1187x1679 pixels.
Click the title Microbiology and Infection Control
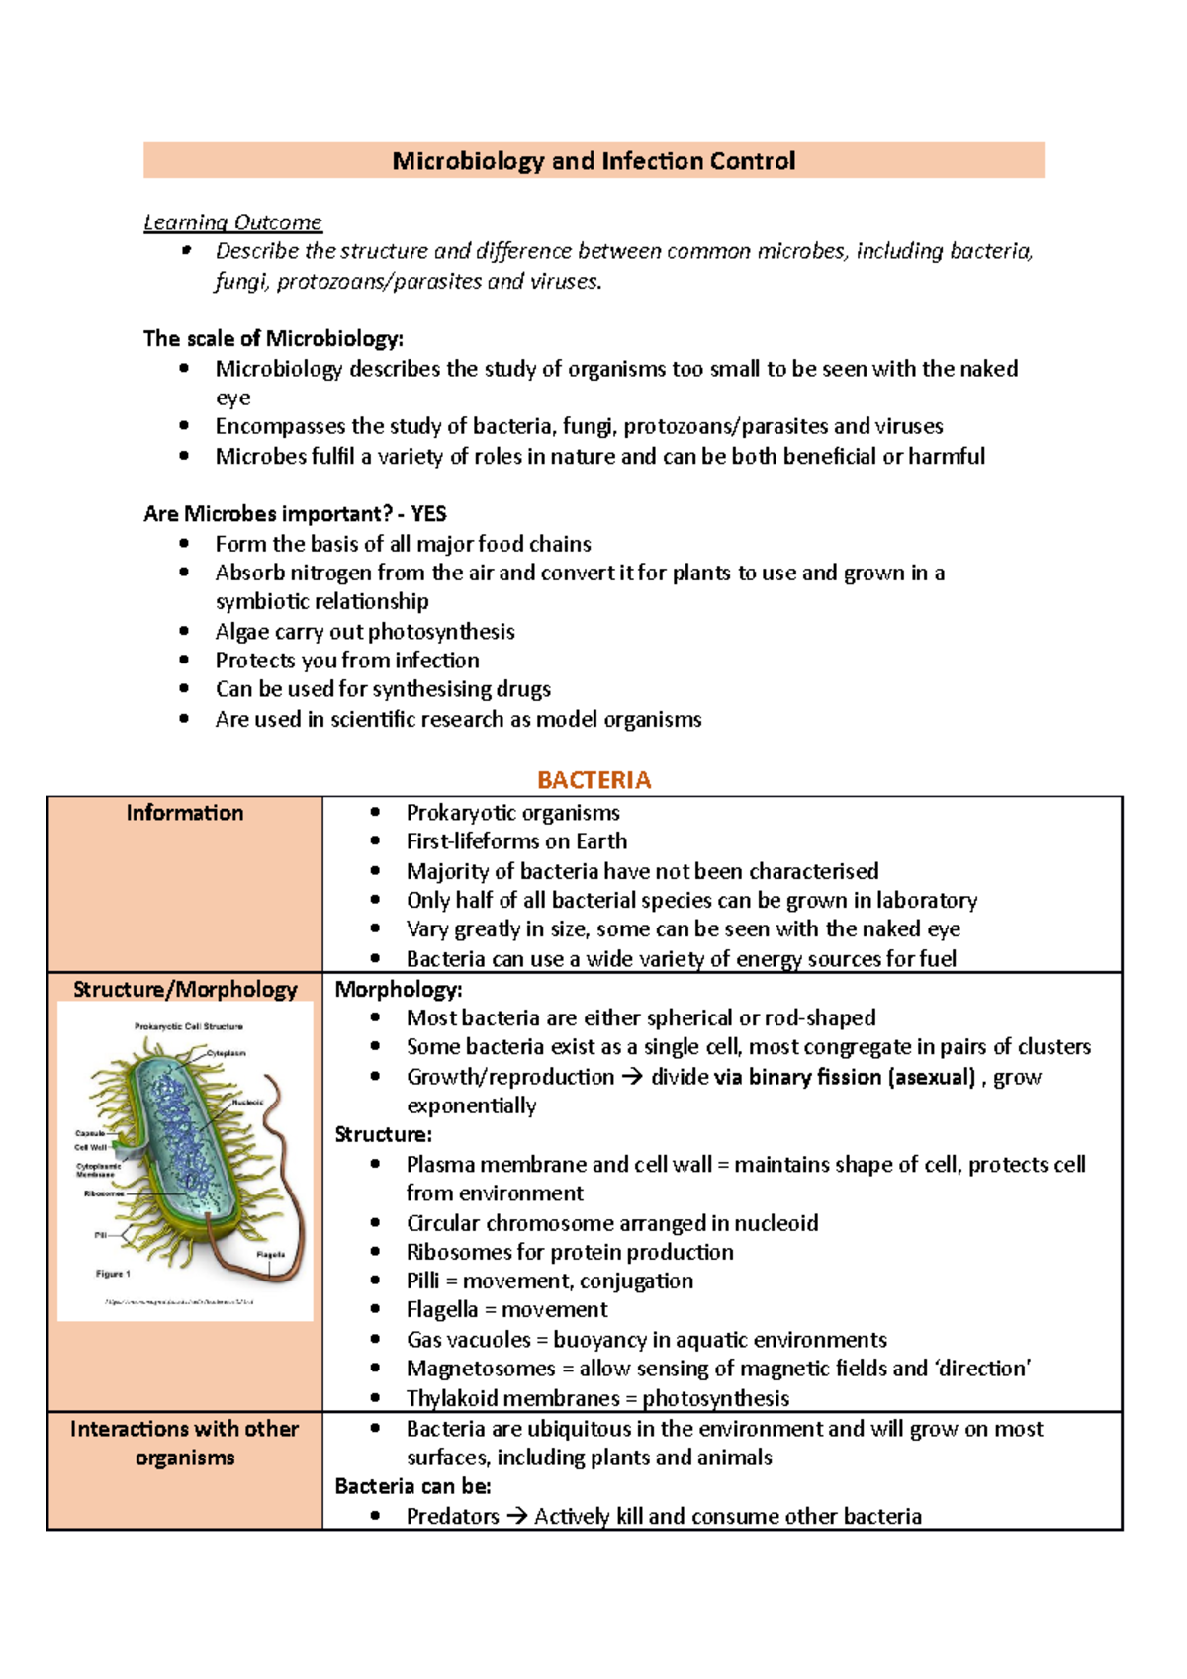(x=593, y=160)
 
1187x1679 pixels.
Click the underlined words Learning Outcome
(x=232, y=222)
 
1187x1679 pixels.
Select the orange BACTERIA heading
(x=593, y=780)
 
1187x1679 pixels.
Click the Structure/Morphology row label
(x=185, y=989)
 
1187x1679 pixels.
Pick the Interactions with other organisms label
(x=185, y=1443)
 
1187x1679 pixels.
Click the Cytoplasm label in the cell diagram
(x=227, y=1053)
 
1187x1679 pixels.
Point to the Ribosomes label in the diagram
(x=104, y=1193)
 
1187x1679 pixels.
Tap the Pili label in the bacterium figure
(x=101, y=1235)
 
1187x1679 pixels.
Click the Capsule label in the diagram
(x=89, y=1133)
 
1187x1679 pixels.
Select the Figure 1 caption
(x=113, y=1274)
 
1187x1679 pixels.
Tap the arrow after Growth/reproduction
(x=632, y=1077)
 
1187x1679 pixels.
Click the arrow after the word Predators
(x=516, y=1516)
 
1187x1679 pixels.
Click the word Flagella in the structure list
(x=442, y=1310)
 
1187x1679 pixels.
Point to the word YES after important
(x=429, y=514)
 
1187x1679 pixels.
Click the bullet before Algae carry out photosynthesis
(x=184, y=631)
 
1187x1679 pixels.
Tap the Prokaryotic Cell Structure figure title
(x=188, y=1026)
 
